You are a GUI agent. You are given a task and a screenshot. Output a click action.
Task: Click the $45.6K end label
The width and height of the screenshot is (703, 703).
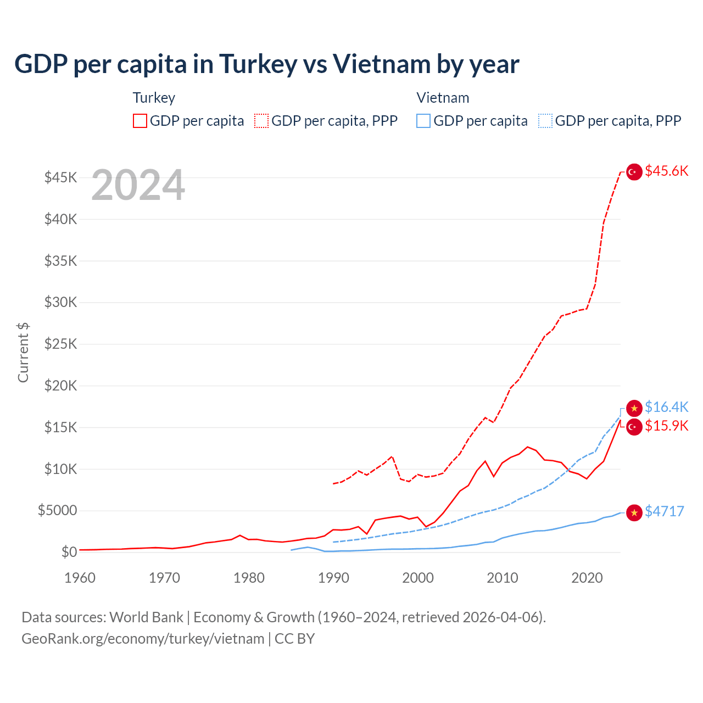[x=666, y=171]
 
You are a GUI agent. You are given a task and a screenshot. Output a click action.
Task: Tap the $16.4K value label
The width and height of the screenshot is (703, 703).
[x=666, y=407]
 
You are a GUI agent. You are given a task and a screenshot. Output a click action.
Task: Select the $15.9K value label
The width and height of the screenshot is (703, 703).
[x=666, y=426]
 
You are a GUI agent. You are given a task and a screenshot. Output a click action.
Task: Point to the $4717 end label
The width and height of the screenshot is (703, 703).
[x=664, y=511]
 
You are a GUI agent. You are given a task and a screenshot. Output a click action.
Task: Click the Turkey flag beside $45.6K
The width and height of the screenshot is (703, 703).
[x=634, y=172]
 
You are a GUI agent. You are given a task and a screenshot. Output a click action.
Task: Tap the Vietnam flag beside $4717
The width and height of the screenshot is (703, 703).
[x=634, y=512]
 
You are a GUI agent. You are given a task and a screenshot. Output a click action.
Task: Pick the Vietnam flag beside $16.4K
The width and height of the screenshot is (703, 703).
[x=634, y=408]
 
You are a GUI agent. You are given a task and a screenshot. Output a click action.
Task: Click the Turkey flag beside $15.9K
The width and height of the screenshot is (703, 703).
[x=634, y=427]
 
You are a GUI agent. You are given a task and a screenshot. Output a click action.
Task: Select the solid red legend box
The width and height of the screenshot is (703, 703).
[x=140, y=121]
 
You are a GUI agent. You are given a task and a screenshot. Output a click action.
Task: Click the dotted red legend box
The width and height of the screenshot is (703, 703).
[x=261, y=121]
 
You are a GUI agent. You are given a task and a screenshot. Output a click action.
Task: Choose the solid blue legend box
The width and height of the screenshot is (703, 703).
[x=423, y=121]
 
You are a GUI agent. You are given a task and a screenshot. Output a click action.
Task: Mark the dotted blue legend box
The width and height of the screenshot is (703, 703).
[x=545, y=121]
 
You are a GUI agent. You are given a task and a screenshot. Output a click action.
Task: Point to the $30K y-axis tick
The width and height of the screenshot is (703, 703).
[x=60, y=302]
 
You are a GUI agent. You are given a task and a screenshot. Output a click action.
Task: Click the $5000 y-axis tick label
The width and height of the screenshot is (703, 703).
[x=57, y=510]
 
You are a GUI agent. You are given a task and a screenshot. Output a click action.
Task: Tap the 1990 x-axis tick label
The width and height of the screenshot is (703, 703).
[x=333, y=578]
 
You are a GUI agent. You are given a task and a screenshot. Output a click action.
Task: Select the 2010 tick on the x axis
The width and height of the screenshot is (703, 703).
[x=503, y=578]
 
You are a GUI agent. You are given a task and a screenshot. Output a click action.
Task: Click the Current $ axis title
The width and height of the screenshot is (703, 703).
[x=23, y=352]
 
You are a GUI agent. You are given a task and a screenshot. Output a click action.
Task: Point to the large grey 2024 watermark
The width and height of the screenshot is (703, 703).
[x=138, y=186]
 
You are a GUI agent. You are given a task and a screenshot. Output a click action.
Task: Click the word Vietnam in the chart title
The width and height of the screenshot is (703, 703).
[x=382, y=64]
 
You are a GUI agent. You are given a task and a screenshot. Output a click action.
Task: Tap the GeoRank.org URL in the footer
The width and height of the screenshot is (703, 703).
[x=143, y=639]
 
